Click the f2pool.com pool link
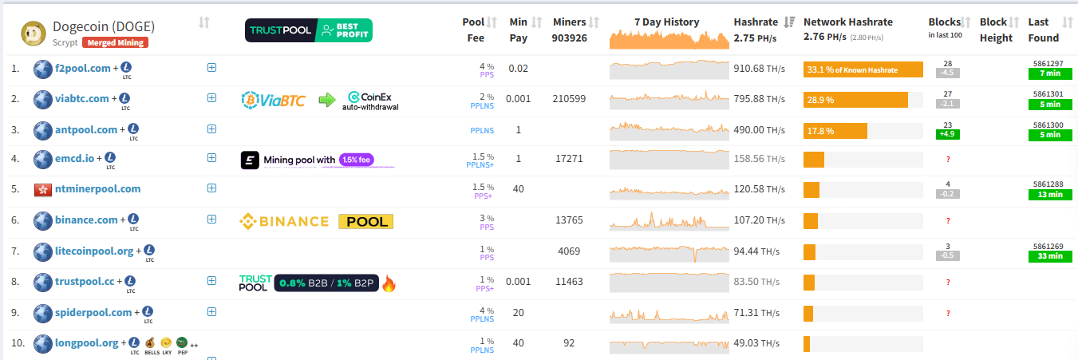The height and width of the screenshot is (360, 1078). [x=83, y=69]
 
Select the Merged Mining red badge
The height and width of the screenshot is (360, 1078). [x=114, y=42]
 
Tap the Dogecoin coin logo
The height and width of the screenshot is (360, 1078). [x=35, y=33]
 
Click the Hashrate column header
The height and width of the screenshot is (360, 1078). [x=756, y=22]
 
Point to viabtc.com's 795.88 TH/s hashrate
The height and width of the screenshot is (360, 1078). [x=759, y=99]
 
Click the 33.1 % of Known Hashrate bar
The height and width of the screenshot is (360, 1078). [x=863, y=69]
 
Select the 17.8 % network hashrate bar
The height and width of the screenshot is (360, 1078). [x=835, y=131]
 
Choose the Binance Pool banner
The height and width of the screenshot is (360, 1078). [x=317, y=221]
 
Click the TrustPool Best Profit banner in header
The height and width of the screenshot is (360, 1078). [x=308, y=31]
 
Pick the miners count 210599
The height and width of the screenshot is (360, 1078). [x=569, y=99]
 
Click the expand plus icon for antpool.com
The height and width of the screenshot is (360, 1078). [x=211, y=129]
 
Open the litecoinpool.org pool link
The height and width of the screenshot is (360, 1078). [x=94, y=251]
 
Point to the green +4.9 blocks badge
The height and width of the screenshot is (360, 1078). [x=947, y=134]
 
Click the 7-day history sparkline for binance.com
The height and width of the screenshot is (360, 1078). [x=669, y=220]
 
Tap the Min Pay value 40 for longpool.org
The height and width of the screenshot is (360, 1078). [x=519, y=343]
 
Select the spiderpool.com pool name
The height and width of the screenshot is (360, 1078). [x=93, y=313]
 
